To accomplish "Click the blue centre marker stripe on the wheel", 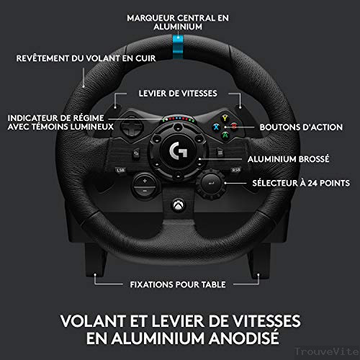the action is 178,47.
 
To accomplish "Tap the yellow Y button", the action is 225,118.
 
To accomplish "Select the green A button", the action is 225,135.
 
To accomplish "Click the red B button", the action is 234,126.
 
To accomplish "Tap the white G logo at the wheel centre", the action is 178,150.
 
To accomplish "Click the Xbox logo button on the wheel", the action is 179,205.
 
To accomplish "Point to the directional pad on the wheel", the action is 132,126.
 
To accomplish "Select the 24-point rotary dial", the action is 211,184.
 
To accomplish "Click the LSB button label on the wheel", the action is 120,170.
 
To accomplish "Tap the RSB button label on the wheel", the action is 236,170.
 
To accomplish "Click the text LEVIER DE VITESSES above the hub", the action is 178,94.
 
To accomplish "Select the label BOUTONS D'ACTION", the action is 301,127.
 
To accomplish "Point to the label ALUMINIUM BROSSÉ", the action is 289,159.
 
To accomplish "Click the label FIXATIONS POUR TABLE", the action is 178,284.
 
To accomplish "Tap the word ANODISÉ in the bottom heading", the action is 243,338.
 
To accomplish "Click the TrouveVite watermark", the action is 327,352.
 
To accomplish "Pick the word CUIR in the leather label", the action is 145,58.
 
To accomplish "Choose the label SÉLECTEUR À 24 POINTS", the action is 301,183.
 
